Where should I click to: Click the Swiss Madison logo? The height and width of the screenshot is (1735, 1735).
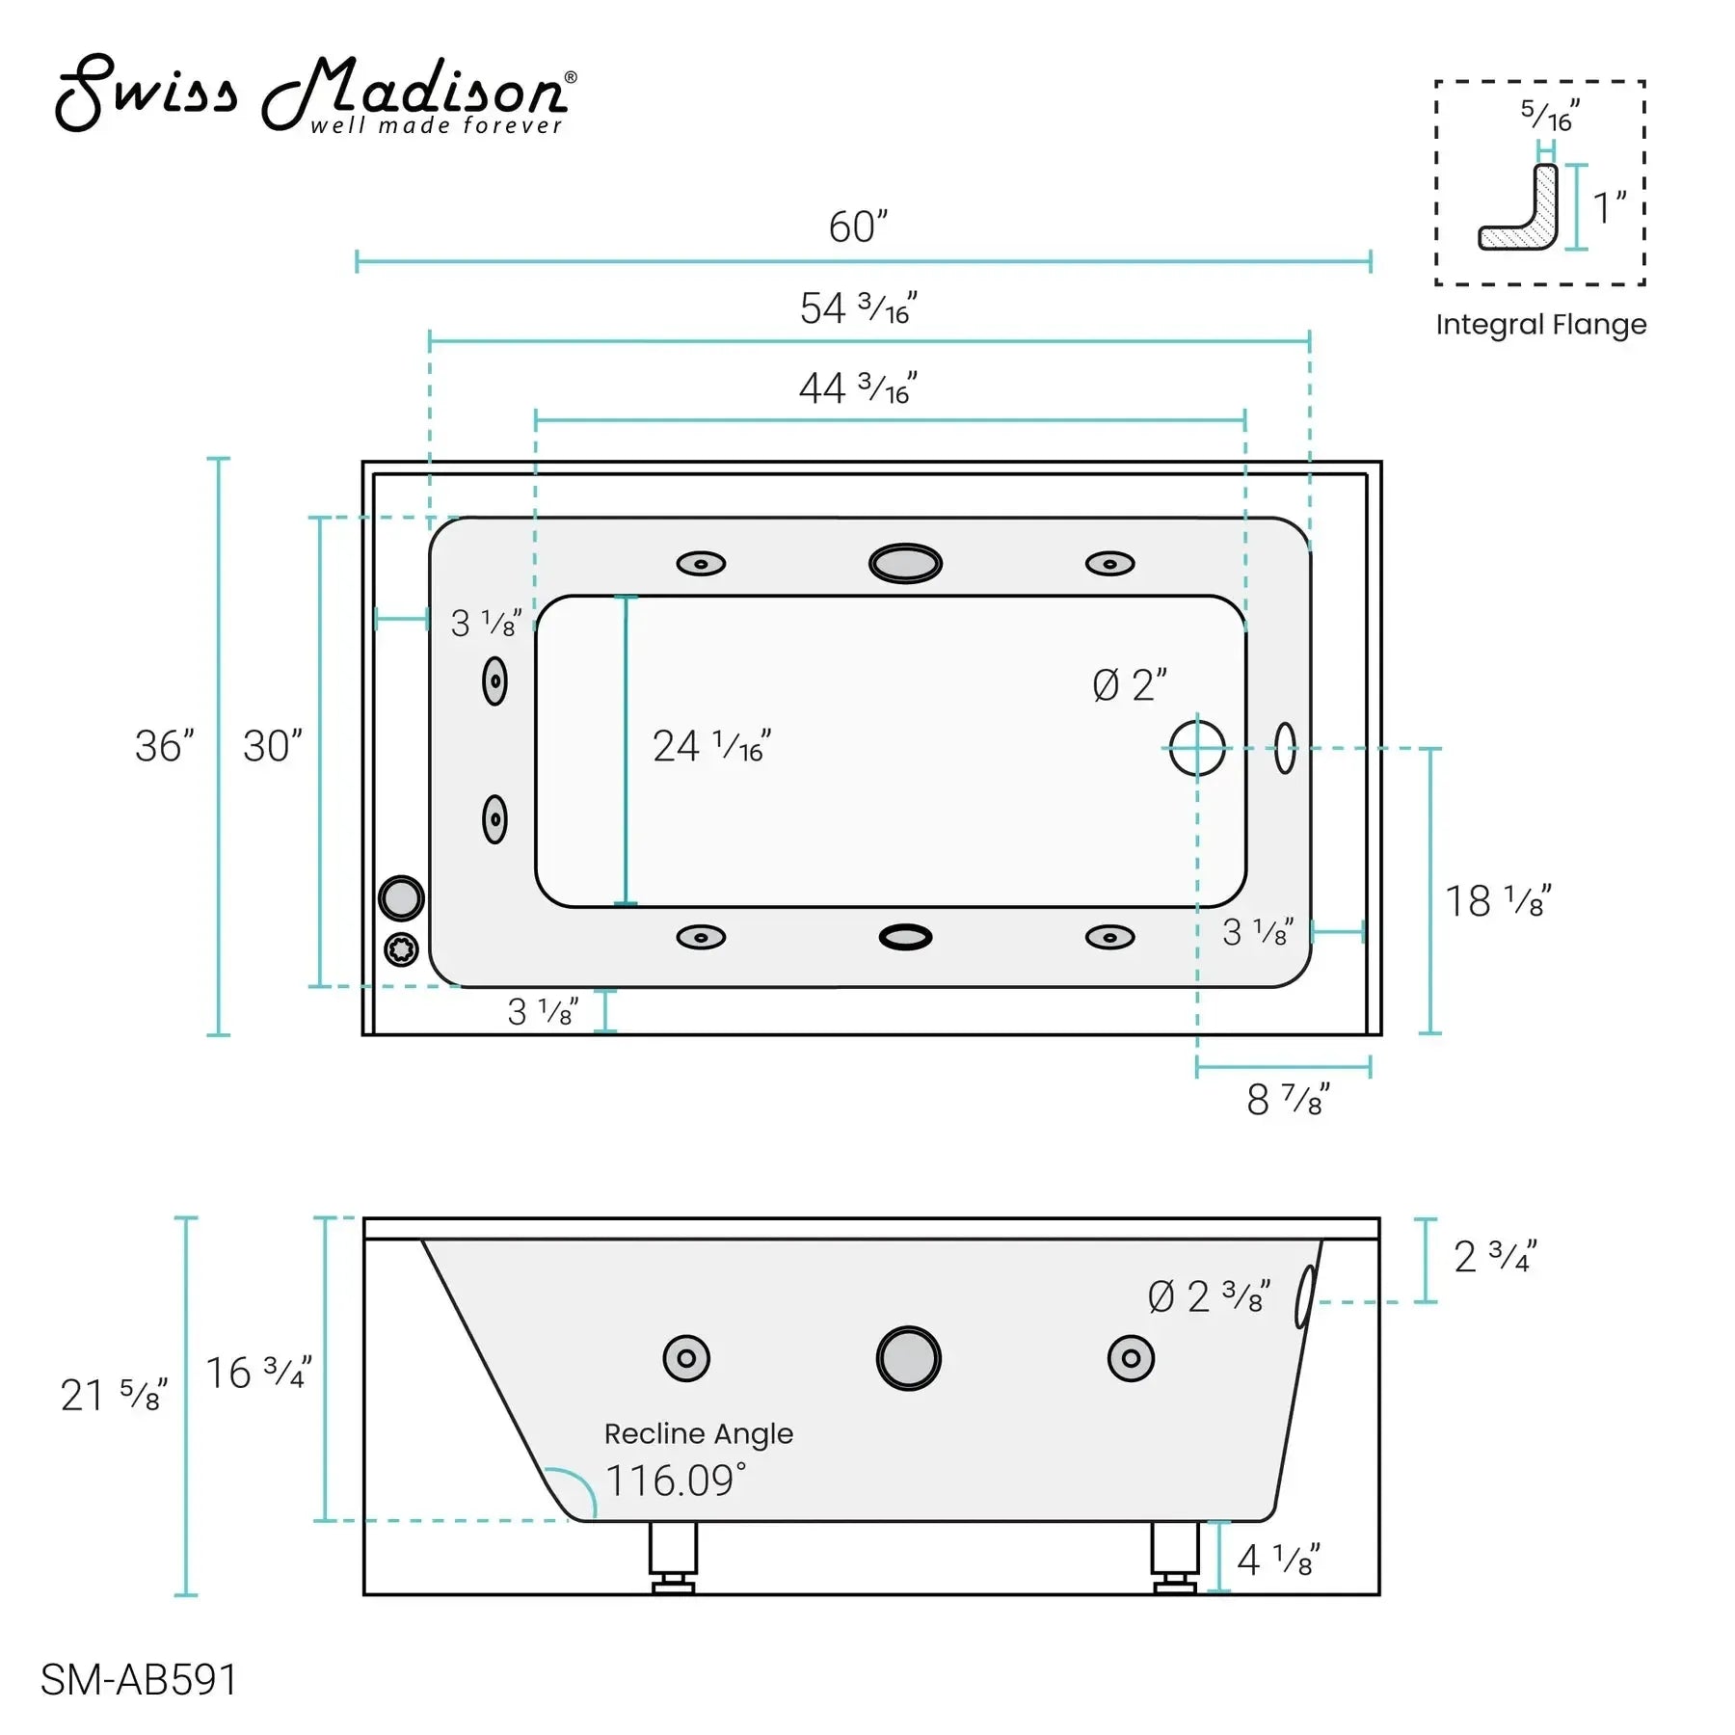click(x=316, y=93)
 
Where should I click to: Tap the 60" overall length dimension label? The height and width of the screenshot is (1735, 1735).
click(x=858, y=227)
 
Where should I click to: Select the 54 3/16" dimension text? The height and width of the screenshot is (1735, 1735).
click(x=858, y=308)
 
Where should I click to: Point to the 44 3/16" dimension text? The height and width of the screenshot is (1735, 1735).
click(x=858, y=388)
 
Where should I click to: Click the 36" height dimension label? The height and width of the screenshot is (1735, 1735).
click(x=165, y=746)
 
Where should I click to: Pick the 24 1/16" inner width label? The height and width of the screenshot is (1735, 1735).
click(x=711, y=746)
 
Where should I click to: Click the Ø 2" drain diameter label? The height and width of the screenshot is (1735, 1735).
click(x=1130, y=685)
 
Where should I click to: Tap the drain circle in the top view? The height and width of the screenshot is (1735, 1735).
click(x=1197, y=748)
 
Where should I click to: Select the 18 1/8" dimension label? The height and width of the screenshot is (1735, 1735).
click(x=1498, y=901)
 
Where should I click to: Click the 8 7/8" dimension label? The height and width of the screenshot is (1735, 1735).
click(x=1288, y=1099)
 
